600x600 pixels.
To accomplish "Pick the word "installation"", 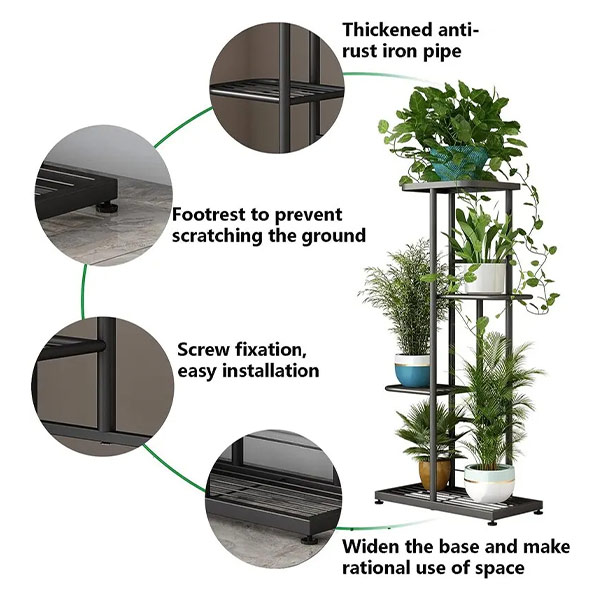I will pyautogui.click(x=270, y=370).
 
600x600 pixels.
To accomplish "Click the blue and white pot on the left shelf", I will pyautogui.click(x=412, y=369).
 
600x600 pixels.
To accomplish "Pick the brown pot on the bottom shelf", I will pyautogui.click(x=435, y=472).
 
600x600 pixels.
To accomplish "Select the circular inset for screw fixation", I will pyautogui.click(x=101, y=381).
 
